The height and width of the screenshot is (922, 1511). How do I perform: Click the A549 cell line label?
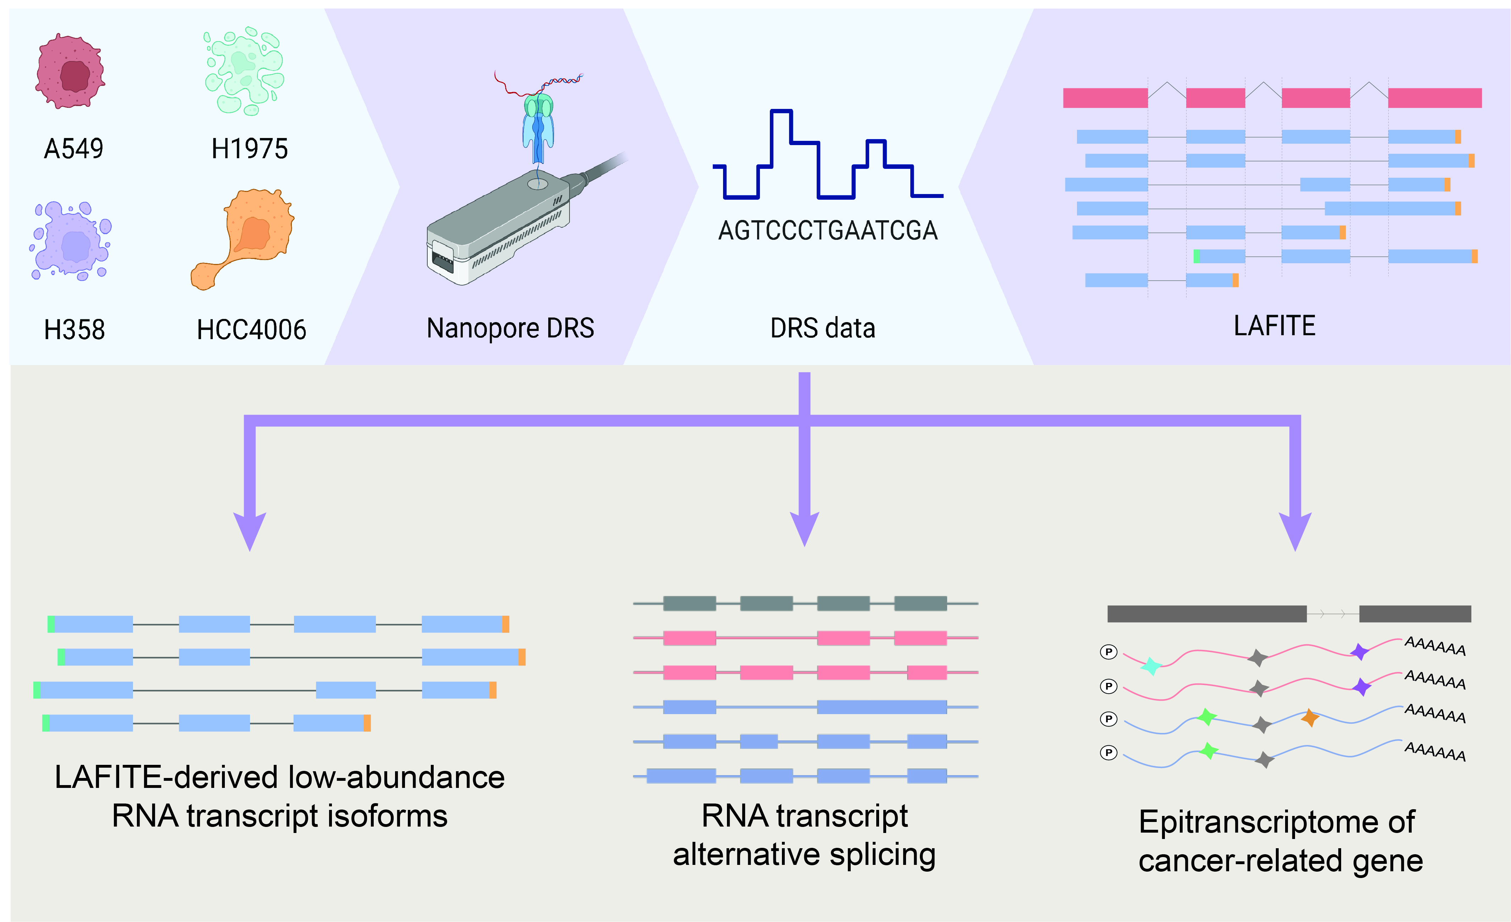(x=74, y=149)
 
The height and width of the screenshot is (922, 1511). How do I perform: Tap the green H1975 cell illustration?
(x=244, y=71)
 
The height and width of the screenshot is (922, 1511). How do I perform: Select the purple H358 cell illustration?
(x=71, y=241)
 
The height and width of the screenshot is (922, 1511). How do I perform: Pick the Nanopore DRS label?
(x=510, y=328)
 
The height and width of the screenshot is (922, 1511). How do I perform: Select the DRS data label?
(x=822, y=328)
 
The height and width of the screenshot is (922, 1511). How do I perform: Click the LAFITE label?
(x=1274, y=326)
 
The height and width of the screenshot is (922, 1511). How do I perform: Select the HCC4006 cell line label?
(x=251, y=330)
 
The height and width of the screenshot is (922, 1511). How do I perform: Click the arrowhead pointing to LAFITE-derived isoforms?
(x=250, y=531)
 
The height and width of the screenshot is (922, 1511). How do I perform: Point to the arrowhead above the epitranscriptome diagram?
(x=1295, y=531)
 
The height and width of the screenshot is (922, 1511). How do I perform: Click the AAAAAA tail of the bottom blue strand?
(x=1435, y=751)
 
